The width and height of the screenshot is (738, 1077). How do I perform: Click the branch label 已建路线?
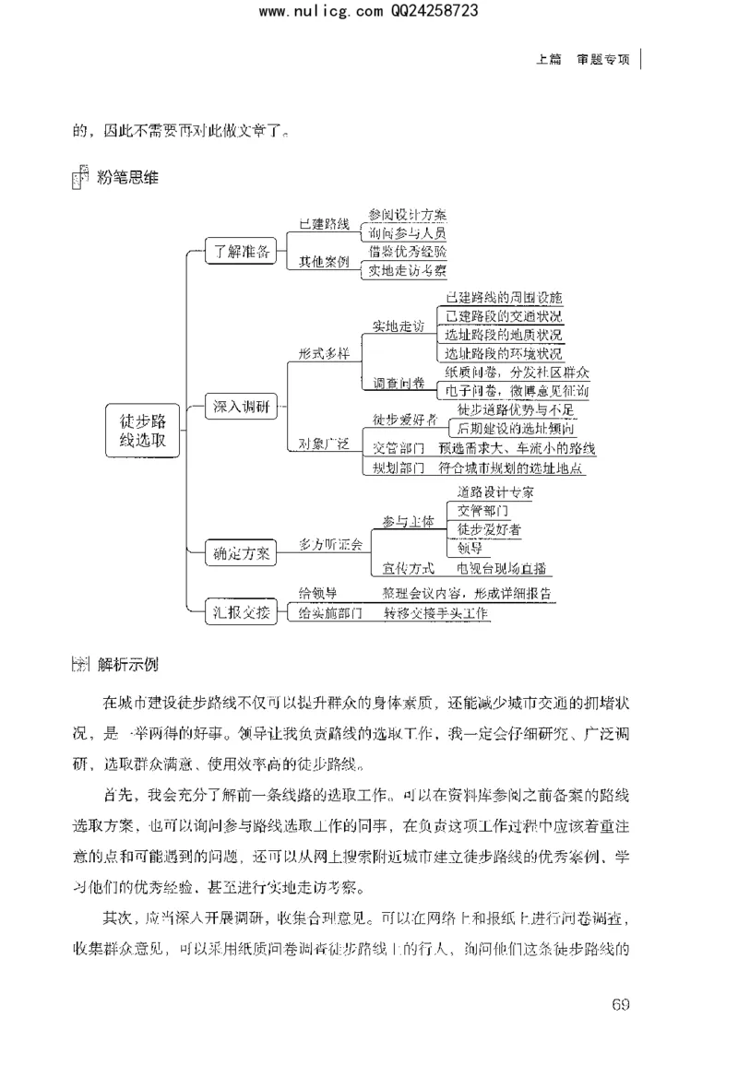(323, 224)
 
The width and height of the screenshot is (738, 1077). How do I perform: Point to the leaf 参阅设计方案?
(407, 213)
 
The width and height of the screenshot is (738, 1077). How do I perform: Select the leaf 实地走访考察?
(407, 270)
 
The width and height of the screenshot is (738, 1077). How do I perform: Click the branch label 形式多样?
(324, 354)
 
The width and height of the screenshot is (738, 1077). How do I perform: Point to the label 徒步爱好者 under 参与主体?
(489, 528)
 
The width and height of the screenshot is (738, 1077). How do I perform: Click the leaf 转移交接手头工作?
(436, 612)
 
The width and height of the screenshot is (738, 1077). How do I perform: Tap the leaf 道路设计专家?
(494, 491)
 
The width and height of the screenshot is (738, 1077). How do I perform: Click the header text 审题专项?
(603, 59)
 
